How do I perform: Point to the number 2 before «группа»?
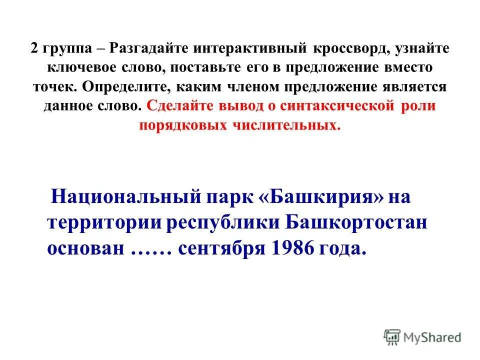33,48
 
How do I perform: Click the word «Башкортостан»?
356,222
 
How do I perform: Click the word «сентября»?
220,248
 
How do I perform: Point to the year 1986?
291,248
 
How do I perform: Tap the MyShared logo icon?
392,336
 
